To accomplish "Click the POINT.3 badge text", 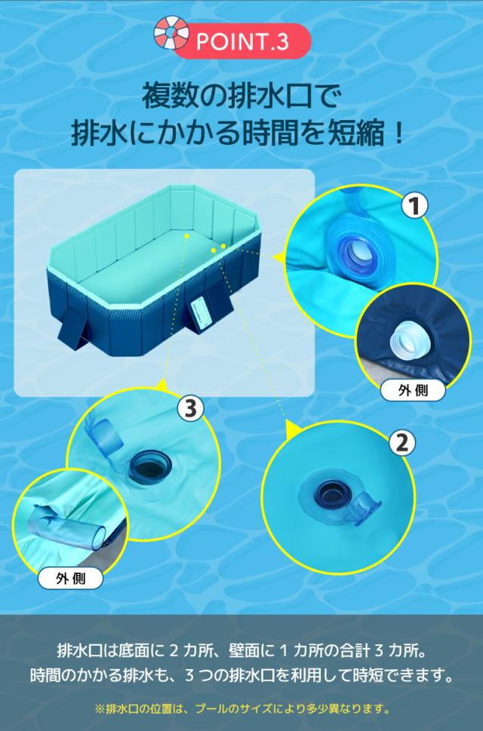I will tap(241, 43).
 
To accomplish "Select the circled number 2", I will tap(401, 441).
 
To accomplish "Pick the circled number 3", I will tap(191, 409).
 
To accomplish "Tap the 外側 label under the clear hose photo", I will tap(70, 579).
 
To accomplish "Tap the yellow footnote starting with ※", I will tap(241, 709).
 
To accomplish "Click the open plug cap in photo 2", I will tap(366, 508).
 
